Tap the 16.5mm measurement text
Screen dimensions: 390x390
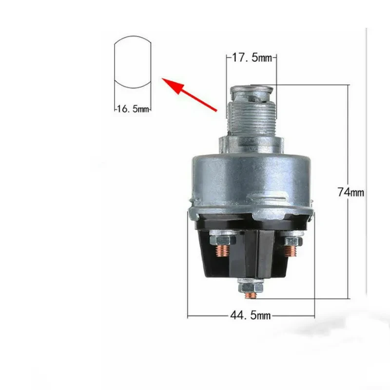tap(132, 109)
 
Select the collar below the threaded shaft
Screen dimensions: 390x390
tap(250, 143)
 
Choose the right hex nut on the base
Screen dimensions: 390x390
tap(292, 240)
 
